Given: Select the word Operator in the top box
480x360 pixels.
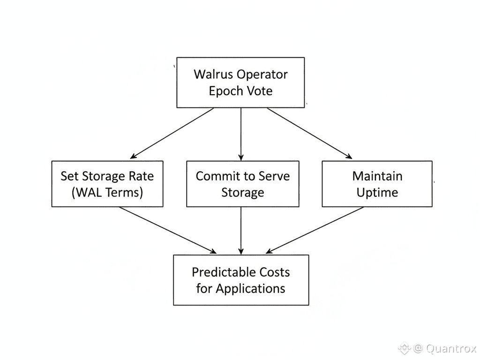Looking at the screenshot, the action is pos(262,75).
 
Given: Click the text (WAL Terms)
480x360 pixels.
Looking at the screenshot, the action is pos(107,192).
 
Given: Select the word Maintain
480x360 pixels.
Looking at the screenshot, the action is pos(377,176).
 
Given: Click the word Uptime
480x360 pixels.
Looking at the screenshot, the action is pos(377,192).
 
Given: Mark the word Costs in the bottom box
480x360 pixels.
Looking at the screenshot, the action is pos(274,272).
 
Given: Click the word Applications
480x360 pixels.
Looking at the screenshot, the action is pos(250,288).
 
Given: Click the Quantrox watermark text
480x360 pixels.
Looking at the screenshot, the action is pos(451,349).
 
